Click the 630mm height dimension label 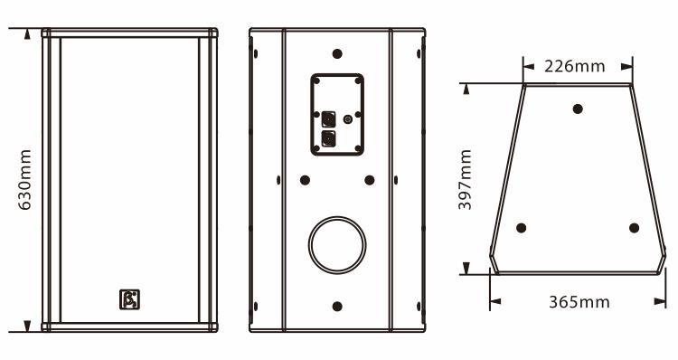25,180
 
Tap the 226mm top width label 575,67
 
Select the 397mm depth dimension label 466,180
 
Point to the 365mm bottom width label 579,302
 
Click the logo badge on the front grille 129,299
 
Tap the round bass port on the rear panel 337,245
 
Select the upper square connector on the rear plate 329,119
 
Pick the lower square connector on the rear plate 329,139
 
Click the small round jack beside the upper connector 348,119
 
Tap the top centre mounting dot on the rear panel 337,54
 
